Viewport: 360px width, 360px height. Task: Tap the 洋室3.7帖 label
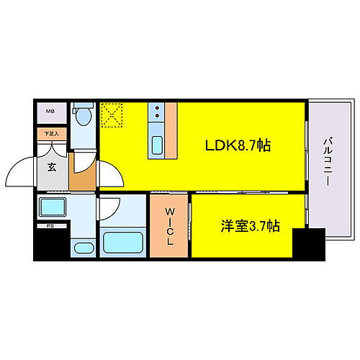pyautogui.click(x=248, y=226)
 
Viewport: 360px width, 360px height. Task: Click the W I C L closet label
pyautogui.click(x=170, y=226)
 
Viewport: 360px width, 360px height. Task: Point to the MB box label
pyautogui.click(x=50, y=112)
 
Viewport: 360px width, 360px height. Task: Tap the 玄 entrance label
pyautogui.click(x=52, y=167)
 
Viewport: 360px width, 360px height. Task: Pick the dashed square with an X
pyautogui.click(x=112, y=114)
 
